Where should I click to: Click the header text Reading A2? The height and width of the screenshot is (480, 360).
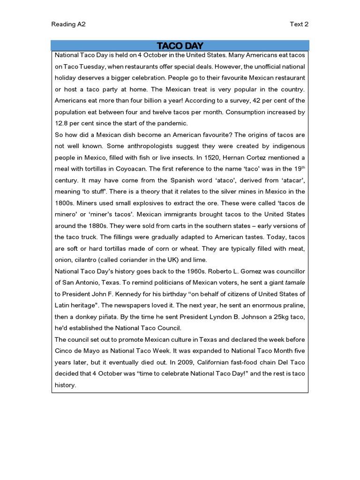tap(68, 24)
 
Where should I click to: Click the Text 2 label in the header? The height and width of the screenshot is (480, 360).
tap(300, 24)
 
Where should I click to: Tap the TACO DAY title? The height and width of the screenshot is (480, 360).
tap(180, 45)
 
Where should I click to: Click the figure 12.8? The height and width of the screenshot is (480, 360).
tap(63, 123)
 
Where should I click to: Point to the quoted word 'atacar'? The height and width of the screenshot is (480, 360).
tap(292, 180)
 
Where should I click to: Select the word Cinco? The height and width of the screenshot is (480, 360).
tap(64, 351)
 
